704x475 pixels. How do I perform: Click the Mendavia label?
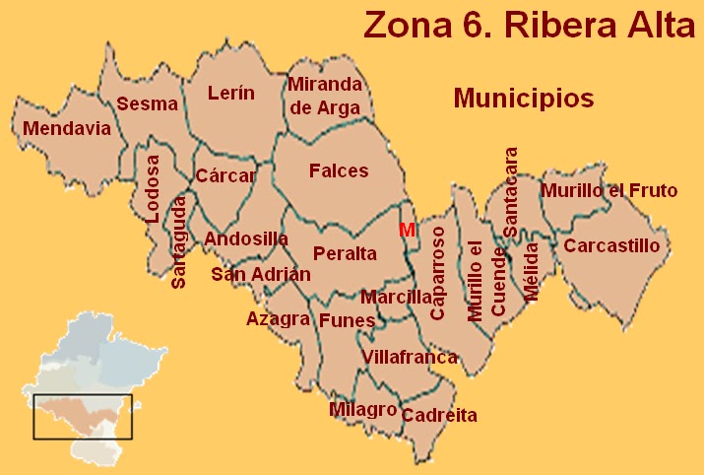(x=67, y=129)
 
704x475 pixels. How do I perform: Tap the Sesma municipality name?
(x=147, y=103)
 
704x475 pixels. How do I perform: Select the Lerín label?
(x=231, y=94)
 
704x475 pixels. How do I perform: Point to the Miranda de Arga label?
(x=324, y=97)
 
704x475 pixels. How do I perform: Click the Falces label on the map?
(x=339, y=170)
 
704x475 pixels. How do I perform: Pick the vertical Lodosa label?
(x=152, y=189)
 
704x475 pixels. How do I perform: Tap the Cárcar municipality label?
(x=225, y=176)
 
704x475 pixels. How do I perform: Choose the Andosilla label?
(x=246, y=238)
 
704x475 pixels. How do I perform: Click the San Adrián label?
(x=261, y=274)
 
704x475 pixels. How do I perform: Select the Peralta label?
(x=345, y=253)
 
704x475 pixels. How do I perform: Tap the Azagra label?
(x=279, y=318)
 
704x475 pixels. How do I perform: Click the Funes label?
(x=348, y=320)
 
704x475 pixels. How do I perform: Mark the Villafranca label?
(x=410, y=357)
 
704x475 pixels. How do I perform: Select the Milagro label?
(x=363, y=409)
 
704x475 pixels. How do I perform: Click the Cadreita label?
(x=439, y=415)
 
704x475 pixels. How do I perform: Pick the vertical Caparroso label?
(x=438, y=272)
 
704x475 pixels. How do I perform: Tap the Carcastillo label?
(x=612, y=245)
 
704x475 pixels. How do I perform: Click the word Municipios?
(x=523, y=99)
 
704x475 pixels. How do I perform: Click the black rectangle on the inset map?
(x=83, y=417)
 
